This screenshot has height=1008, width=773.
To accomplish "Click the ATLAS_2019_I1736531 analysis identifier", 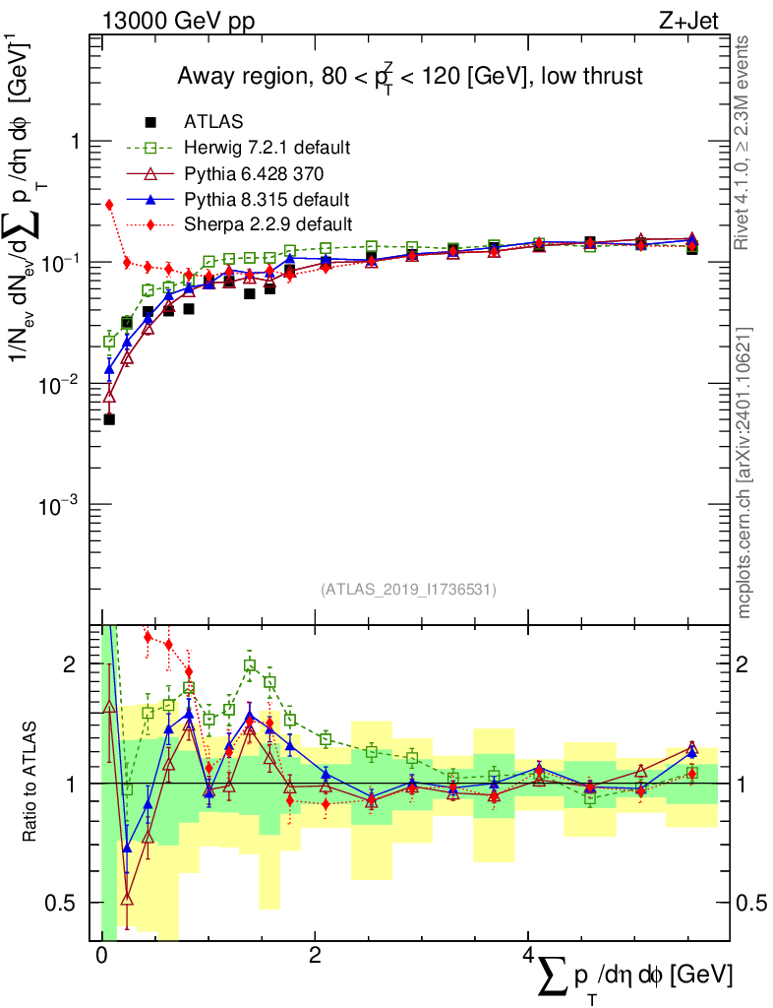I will [x=408, y=590].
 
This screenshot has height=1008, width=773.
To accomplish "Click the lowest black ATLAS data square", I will [x=109, y=419].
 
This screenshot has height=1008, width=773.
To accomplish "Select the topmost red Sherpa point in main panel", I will [x=109, y=205].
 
